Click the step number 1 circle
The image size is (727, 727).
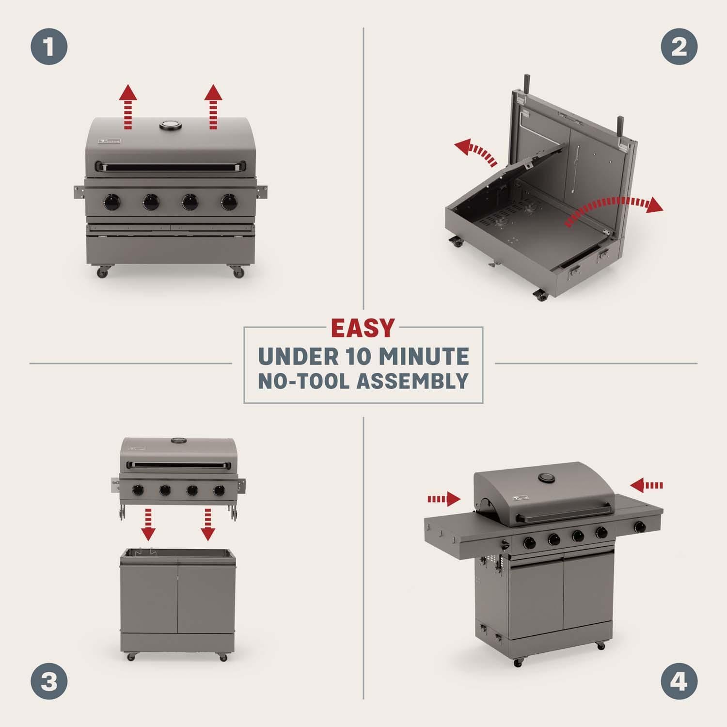pos(49,47)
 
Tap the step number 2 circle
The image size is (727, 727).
pos(679,47)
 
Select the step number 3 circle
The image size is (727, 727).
pos(49,681)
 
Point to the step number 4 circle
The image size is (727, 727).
pos(679,681)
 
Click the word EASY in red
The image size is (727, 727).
pos(363,328)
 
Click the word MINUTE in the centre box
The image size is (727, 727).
pos(423,357)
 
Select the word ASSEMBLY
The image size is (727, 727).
pos(412,381)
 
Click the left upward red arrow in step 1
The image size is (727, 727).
pos(128,106)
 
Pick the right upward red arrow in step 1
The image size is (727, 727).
pos(212,106)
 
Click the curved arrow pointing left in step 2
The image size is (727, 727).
pos(477,151)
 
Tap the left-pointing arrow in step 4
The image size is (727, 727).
pos(647,485)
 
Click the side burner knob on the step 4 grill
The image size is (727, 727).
pos(640,525)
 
